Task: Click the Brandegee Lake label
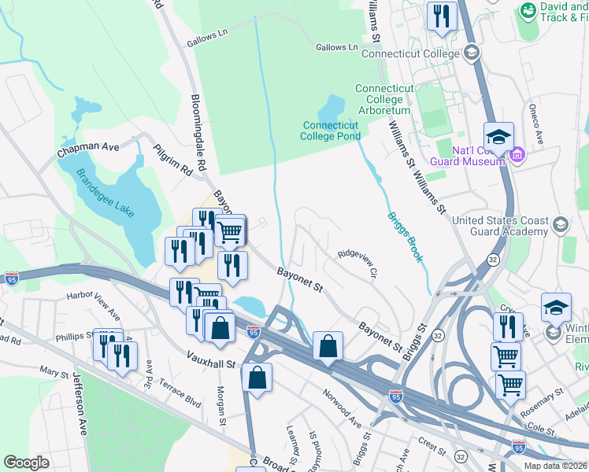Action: coord(106,193)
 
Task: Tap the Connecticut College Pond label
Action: coord(330,130)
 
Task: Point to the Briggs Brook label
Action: coord(404,237)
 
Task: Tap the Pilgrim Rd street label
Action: coord(172,158)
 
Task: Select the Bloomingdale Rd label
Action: coord(197,134)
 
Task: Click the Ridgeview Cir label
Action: coord(359,264)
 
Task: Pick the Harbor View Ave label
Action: coord(94,307)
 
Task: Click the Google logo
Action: coord(27,463)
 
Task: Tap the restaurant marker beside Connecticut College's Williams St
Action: coord(442,15)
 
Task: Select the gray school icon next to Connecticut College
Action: coord(472,53)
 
